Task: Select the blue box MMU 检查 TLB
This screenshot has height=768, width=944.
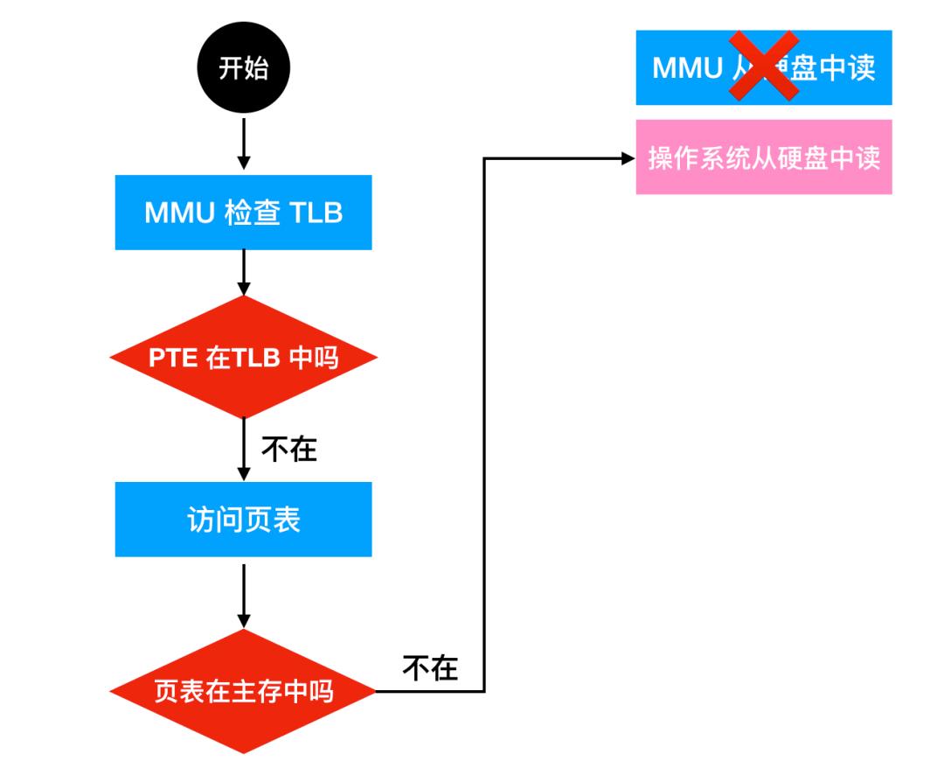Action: [x=243, y=213]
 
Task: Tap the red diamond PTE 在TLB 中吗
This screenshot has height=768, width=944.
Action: [x=243, y=358]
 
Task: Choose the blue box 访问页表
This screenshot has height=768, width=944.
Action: [x=243, y=520]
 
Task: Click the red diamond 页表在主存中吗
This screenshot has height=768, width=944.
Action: [x=243, y=692]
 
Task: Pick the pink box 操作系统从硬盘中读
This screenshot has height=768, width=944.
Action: [x=763, y=157]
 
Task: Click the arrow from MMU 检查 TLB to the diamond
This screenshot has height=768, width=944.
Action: [x=244, y=273]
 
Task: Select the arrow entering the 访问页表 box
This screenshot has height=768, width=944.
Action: [x=244, y=450]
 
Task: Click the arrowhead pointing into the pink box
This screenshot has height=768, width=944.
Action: [x=627, y=159]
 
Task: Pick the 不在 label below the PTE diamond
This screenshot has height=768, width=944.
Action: [x=288, y=450]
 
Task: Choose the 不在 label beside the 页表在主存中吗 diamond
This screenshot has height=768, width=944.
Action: [x=429, y=668]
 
